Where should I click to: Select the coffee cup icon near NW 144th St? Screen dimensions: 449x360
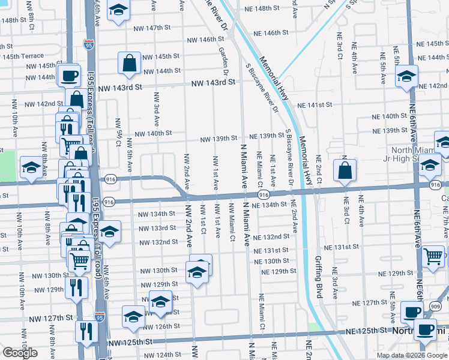69,76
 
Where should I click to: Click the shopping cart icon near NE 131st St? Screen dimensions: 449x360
433,256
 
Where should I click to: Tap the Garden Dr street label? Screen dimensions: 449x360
224,62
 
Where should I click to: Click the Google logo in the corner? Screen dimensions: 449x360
20,353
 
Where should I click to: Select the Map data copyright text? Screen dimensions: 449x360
411,355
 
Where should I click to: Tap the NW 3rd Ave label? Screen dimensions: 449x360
157,104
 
